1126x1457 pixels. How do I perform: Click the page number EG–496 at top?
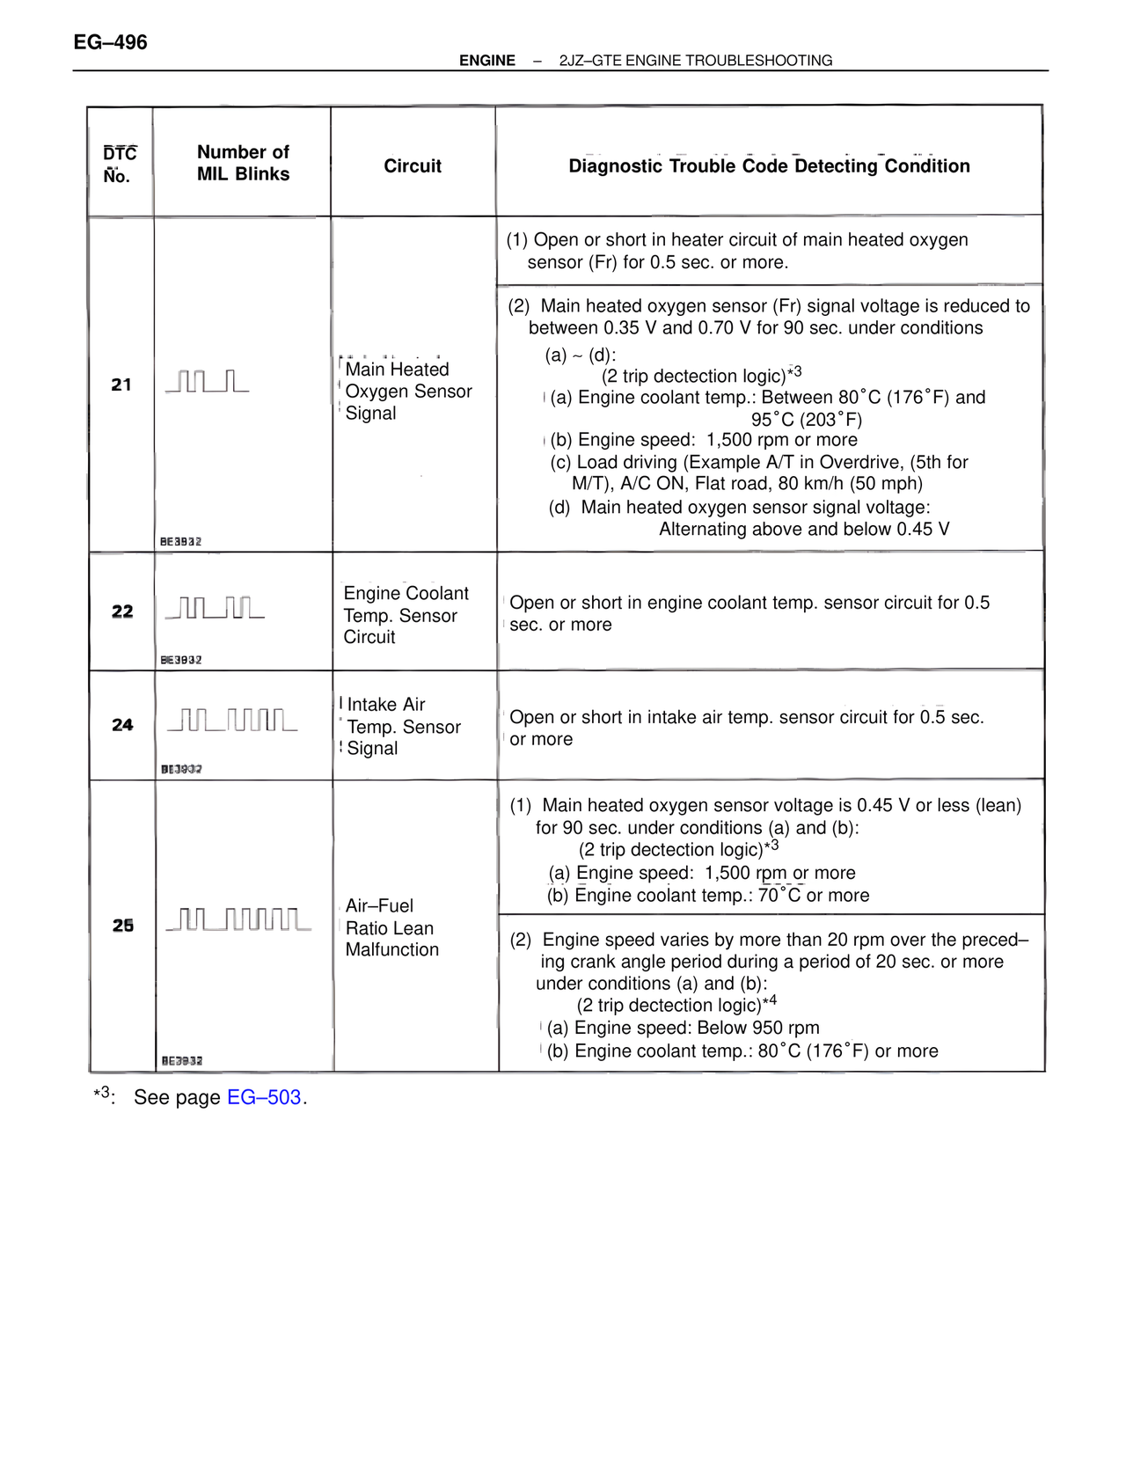tap(111, 42)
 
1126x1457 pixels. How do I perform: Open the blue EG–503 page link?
tap(264, 1097)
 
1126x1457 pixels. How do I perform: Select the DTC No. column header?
tap(120, 165)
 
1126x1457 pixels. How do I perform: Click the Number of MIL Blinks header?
tap(243, 163)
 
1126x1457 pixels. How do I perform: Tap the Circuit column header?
tap(413, 165)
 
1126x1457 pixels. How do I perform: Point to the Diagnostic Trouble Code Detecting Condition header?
tap(769, 165)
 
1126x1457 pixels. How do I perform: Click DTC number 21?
tap(121, 384)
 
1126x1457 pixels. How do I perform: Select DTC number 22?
tap(122, 611)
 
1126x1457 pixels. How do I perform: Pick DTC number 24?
tap(122, 725)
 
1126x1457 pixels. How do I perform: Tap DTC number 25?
tap(122, 926)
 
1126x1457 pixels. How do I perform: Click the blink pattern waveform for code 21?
tap(208, 382)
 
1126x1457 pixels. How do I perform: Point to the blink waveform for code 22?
tap(215, 608)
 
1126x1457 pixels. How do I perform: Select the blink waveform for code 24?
tap(232, 721)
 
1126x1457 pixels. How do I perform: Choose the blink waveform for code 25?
tap(238, 920)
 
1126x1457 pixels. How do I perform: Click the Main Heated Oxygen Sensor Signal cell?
tap(408, 392)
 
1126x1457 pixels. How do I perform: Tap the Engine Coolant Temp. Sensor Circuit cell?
tap(406, 615)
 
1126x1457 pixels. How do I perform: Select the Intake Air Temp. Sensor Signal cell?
tap(403, 727)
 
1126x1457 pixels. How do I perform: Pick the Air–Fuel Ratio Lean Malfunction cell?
tap(391, 927)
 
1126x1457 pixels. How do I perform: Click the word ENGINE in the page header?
tap(487, 61)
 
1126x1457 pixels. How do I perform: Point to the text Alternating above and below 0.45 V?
tap(804, 529)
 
